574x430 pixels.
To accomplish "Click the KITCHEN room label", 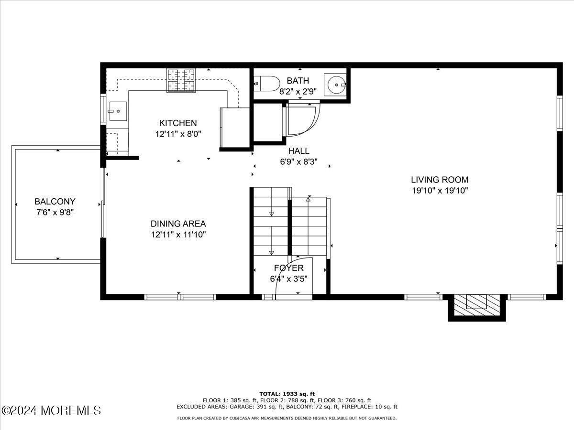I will (x=178, y=123).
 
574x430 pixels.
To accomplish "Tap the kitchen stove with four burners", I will (x=181, y=80).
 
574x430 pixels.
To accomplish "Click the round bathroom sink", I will (x=336, y=85).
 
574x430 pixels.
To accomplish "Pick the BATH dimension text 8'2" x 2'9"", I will (x=298, y=91).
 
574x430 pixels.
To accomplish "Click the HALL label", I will (x=298, y=151).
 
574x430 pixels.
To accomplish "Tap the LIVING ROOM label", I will (x=440, y=180).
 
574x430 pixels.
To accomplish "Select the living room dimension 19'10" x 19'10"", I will (x=440, y=191).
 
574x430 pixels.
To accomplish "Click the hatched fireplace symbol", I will (x=476, y=303).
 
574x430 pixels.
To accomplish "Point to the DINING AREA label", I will (x=178, y=224).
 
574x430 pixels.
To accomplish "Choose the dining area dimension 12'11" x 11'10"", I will (x=178, y=234).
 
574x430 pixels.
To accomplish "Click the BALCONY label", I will (x=55, y=202).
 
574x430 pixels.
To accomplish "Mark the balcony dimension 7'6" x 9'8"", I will (x=55, y=212).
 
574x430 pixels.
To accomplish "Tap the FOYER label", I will (x=288, y=268).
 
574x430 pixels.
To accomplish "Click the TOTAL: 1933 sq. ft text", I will (x=287, y=394).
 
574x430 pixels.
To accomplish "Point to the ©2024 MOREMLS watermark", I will (x=51, y=410).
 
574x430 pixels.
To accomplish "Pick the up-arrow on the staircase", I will (x=309, y=200).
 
